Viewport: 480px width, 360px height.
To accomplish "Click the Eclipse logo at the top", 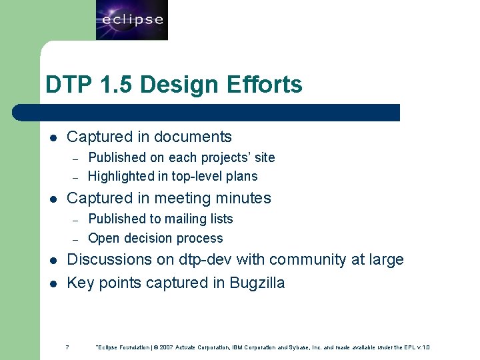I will [x=131, y=20].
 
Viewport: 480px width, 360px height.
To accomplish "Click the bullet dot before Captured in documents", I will [x=53, y=138].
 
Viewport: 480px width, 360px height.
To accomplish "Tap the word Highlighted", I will [x=119, y=176].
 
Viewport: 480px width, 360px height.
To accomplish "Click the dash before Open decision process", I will [x=76, y=239].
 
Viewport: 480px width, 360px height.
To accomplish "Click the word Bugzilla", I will [x=257, y=283].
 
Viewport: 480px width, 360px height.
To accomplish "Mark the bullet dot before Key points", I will [x=53, y=284].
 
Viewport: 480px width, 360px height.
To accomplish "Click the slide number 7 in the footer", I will [x=67, y=347].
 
